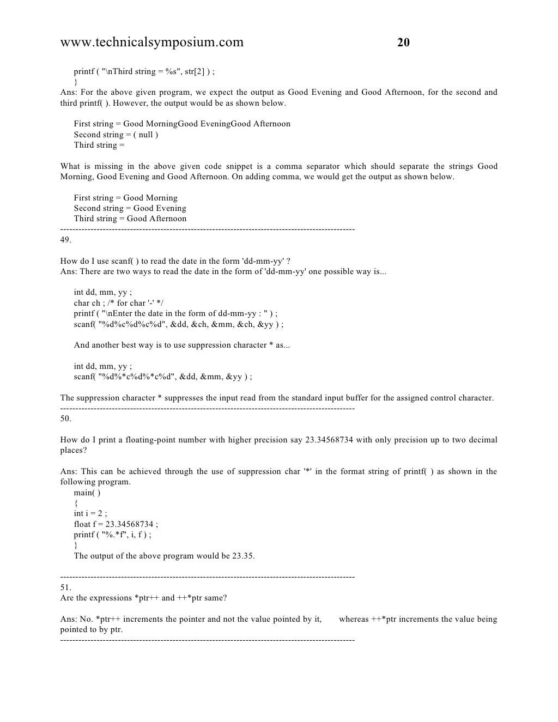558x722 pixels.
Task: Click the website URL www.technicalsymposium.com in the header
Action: point(152,43)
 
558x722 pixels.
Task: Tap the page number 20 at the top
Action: point(403,43)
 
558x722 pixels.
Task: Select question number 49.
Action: point(65,240)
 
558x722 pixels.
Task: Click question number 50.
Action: point(65,418)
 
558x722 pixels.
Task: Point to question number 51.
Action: point(65,587)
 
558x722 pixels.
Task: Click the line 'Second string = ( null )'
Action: point(116,135)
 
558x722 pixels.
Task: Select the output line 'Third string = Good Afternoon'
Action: point(130,219)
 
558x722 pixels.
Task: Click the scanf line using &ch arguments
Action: point(178,324)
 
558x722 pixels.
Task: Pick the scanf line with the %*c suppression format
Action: point(162,377)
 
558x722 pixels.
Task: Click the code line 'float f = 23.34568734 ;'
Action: point(116,524)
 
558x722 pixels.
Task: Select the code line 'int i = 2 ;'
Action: point(90,513)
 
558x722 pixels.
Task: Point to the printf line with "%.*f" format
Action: point(112,535)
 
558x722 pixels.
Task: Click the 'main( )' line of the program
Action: point(87,493)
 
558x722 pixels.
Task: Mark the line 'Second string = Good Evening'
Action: point(130,208)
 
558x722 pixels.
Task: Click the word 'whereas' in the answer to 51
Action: point(354,619)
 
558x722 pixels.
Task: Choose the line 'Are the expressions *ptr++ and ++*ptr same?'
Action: point(143,598)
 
